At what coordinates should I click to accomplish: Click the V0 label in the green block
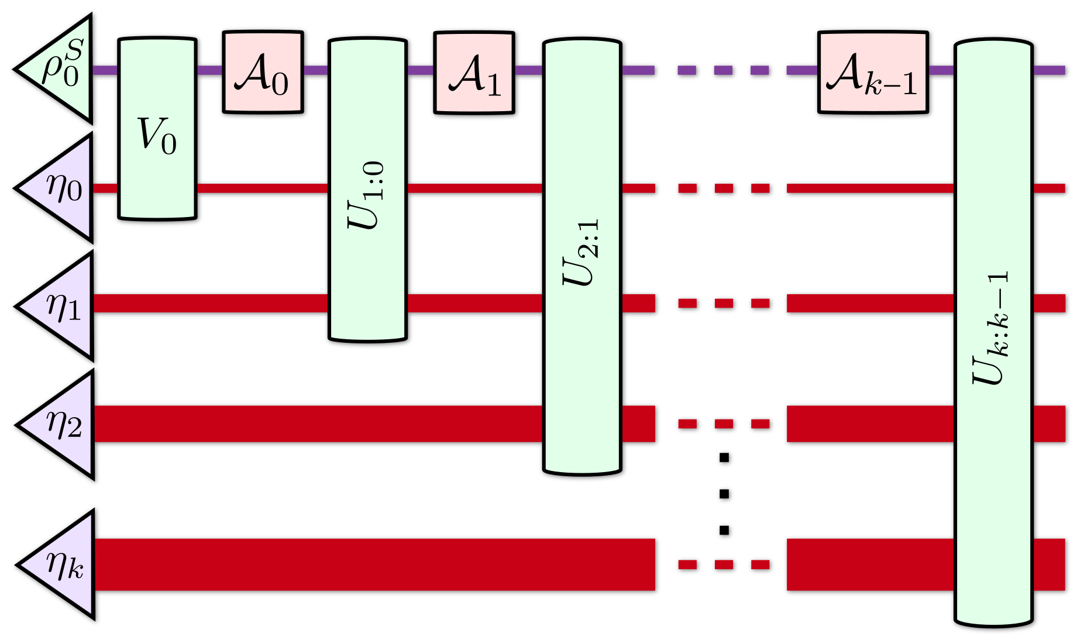click(x=157, y=136)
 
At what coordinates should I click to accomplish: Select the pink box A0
click(x=263, y=72)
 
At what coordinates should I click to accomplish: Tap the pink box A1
click(x=474, y=73)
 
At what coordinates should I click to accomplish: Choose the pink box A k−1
click(x=872, y=73)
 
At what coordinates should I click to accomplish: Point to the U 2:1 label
click(x=581, y=253)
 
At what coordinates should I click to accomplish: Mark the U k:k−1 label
click(x=992, y=328)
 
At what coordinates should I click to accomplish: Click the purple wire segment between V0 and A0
click(x=209, y=70)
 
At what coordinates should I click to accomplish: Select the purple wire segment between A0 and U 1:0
click(x=315, y=70)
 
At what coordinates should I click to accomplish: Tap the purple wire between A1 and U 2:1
click(x=528, y=70)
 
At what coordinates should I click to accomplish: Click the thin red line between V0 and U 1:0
click(x=262, y=188)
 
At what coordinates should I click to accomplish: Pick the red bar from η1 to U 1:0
click(x=211, y=303)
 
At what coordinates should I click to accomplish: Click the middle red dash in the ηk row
click(x=724, y=565)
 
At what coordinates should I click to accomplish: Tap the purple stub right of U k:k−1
click(x=1049, y=70)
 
